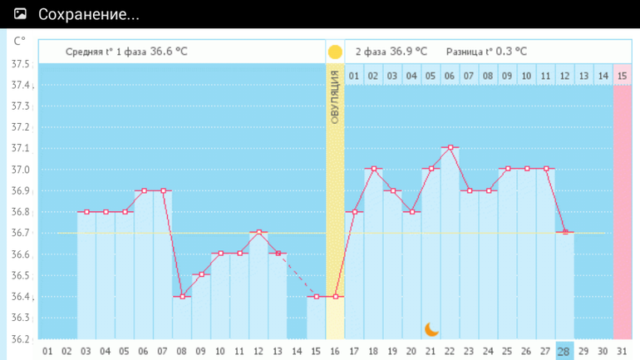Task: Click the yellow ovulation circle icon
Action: (x=335, y=52)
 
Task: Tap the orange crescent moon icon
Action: (x=431, y=329)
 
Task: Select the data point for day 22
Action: (x=450, y=148)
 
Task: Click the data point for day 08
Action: (x=182, y=296)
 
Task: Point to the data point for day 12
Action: (x=259, y=233)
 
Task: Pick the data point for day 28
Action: (x=565, y=232)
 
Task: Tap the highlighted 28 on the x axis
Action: (x=564, y=352)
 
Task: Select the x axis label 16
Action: (x=335, y=352)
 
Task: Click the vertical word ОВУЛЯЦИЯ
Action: (x=335, y=97)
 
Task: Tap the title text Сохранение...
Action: (x=88, y=15)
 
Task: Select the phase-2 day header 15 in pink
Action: (x=622, y=76)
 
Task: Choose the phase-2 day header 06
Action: (x=450, y=76)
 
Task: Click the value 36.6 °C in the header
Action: (x=169, y=52)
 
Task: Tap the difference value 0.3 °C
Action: (x=510, y=52)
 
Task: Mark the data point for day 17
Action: (x=355, y=211)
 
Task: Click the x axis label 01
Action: (x=47, y=352)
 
